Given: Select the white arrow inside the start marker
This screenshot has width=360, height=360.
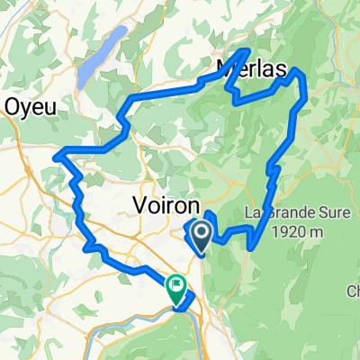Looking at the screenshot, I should tap(200, 236).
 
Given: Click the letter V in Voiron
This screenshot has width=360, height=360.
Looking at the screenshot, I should tap(140, 204).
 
